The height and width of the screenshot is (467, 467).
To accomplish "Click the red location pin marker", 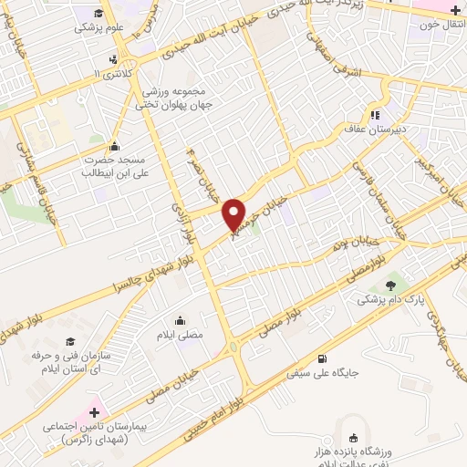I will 234,213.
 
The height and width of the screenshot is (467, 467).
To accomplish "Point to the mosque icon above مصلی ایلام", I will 179,320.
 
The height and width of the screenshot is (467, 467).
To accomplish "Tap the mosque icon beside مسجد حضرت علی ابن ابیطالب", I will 114,147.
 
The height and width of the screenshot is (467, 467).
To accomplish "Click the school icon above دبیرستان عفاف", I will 375,115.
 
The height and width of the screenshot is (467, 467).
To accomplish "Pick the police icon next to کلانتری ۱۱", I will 112,61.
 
